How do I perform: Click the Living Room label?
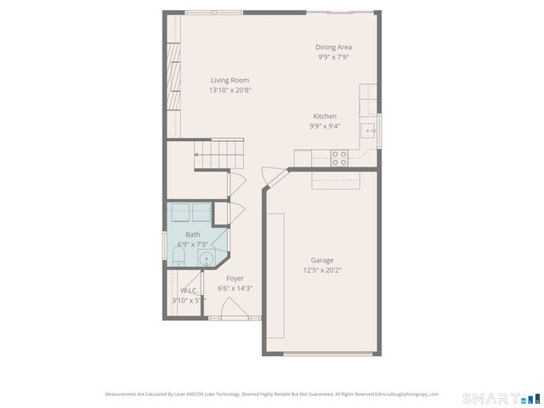click(229, 80)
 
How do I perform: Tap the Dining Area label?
click(334, 48)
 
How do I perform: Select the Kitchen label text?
click(325, 116)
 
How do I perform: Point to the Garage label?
click(321, 260)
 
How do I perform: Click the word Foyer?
click(235, 278)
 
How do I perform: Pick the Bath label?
click(193, 235)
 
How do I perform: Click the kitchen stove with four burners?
click(339, 157)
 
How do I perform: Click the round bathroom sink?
click(206, 258)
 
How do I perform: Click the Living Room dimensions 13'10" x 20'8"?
click(229, 90)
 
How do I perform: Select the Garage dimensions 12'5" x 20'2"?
click(321, 270)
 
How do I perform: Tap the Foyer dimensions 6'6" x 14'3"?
click(235, 288)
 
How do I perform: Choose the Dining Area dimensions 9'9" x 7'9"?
click(334, 58)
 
